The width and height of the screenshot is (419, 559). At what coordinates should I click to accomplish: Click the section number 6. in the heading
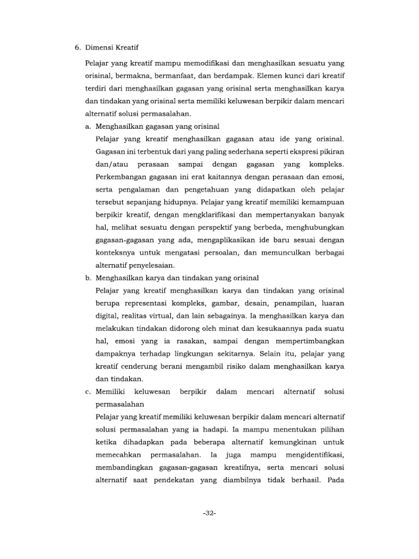(77, 47)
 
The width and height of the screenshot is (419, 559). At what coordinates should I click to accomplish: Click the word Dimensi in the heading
(102, 47)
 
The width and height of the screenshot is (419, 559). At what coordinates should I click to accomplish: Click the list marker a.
(87, 127)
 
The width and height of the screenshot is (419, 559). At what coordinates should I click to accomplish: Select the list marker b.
(87, 278)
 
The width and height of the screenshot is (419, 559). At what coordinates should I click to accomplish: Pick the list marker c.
(87, 392)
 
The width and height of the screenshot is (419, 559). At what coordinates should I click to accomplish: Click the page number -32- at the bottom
(209, 513)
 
